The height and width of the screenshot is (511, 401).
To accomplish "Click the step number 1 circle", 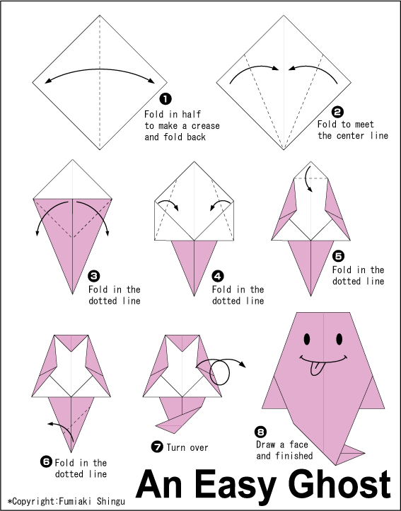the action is [165, 99].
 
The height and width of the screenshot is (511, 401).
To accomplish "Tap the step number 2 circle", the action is [337, 112].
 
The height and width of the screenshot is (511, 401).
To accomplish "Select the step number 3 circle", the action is [94, 277].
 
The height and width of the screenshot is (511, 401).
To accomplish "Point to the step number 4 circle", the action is [218, 277].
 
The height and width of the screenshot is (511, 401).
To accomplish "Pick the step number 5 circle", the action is [339, 256].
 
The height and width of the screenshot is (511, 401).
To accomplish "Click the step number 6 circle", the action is [46, 461].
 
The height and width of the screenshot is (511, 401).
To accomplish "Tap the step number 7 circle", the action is [157, 447].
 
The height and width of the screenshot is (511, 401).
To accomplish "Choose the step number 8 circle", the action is [260, 432].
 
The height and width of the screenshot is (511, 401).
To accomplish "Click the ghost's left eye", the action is [307, 339].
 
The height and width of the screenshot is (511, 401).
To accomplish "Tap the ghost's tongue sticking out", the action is [317, 368].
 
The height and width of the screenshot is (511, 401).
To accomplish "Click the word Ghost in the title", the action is [340, 485].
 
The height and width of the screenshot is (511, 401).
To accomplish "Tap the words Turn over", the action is [187, 447].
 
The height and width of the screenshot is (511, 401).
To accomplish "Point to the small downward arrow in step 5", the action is [308, 179].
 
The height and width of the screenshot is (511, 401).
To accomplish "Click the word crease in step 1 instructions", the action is [206, 126].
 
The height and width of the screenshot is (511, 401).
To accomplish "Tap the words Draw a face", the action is [282, 444].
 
